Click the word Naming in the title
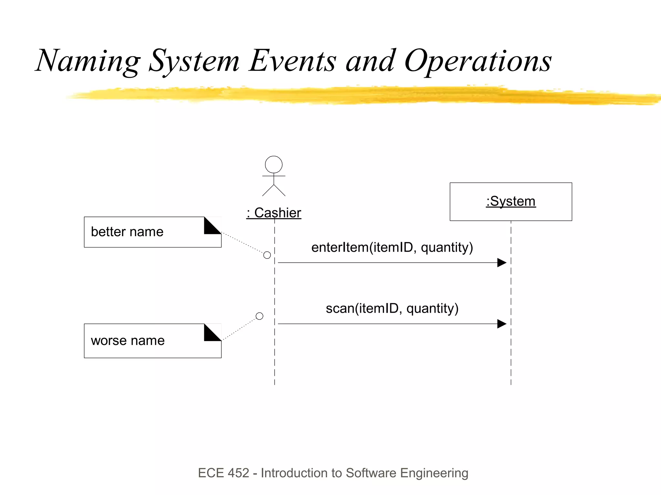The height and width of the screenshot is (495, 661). (x=88, y=61)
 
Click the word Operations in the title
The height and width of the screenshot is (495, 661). (x=478, y=61)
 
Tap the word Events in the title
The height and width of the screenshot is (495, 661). (x=292, y=61)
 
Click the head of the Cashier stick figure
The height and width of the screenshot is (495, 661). (x=274, y=165)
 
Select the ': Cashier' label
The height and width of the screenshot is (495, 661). (x=274, y=213)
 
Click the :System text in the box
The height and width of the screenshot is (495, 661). (x=511, y=201)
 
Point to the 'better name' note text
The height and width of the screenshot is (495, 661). (x=127, y=232)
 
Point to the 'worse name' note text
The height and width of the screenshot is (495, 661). (x=128, y=341)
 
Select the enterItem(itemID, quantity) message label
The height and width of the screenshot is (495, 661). (x=392, y=247)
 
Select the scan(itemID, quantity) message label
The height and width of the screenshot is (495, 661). (x=392, y=308)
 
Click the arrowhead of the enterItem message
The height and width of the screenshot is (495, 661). (x=502, y=263)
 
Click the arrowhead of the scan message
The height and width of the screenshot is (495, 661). (x=502, y=324)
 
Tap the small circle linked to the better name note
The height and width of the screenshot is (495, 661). (x=267, y=255)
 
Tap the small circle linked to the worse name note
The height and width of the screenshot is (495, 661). (x=259, y=316)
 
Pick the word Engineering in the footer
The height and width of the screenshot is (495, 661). (x=434, y=473)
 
